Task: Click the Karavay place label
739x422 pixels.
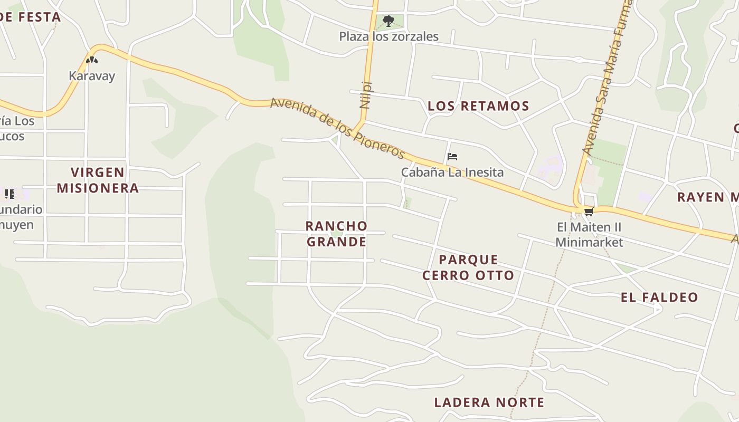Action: (x=92, y=76)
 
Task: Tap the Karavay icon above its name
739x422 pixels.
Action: (x=92, y=60)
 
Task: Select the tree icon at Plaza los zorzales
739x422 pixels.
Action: (x=389, y=21)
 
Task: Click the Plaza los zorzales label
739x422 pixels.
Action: (x=389, y=36)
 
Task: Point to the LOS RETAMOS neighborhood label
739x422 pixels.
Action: (x=478, y=106)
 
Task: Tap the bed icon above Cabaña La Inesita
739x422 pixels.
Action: (x=452, y=157)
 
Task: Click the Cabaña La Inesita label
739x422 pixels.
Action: (x=452, y=172)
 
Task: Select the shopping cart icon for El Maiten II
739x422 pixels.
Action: (x=589, y=212)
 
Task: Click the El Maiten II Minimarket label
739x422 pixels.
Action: (x=589, y=235)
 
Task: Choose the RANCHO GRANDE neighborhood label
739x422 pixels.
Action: (x=337, y=234)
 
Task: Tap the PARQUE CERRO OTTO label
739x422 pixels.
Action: (x=468, y=267)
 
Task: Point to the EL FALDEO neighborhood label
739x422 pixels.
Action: (x=659, y=298)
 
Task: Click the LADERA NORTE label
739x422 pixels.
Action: (x=489, y=402)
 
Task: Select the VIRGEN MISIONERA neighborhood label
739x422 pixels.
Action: (x=98, y=180)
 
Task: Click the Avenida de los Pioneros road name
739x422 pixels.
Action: (x=337, y=128)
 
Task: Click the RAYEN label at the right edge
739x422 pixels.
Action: (x=707, y=197)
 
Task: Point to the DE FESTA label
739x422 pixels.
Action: (x=30, y=17)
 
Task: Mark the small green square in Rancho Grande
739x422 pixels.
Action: (x=407, y=202)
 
